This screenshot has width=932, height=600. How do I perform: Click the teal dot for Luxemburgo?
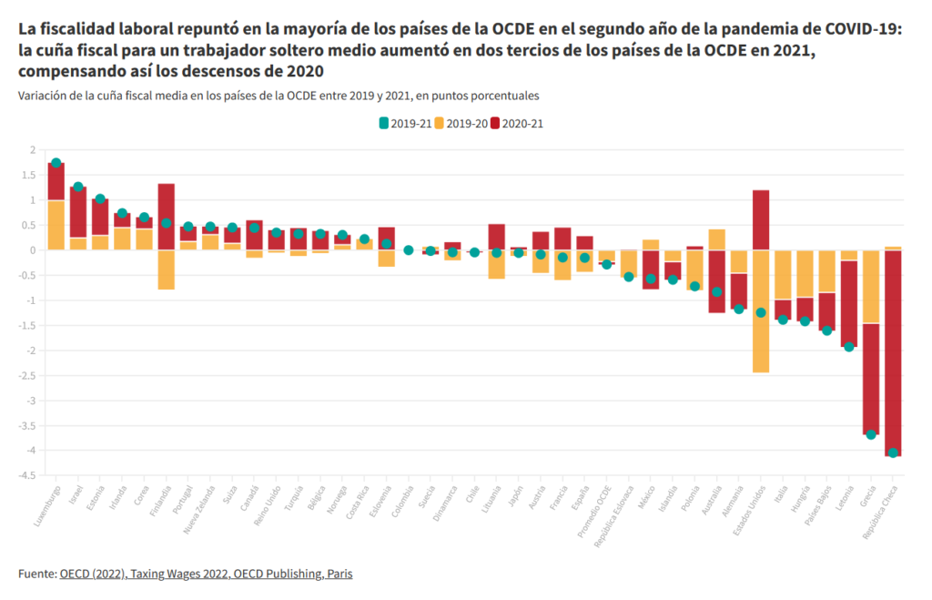(x=56, y=163)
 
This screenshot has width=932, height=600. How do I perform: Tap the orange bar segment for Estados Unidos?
(x=761, y=310)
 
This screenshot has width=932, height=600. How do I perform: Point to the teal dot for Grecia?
(x=871, y=434)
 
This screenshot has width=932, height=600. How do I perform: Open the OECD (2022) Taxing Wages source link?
(x=206, y=574)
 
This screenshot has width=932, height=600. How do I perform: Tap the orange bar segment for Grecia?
(x=871, y=286)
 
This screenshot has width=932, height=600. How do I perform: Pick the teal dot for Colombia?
(x=409, y=249)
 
